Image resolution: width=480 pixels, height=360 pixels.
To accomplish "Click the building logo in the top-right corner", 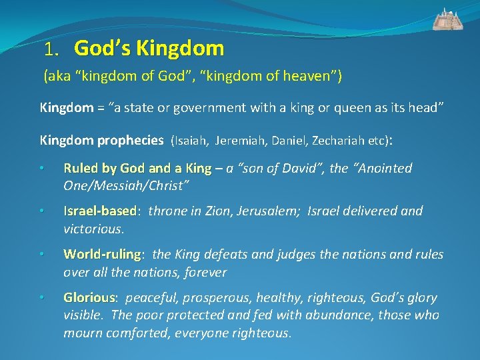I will coord(448,19).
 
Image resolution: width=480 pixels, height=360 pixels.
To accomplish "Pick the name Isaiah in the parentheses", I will coord(191,141).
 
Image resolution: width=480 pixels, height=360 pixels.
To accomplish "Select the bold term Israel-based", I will coord(100,211).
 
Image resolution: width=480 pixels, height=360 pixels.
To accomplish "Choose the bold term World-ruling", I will coord(102,255).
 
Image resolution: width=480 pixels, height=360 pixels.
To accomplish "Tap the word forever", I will coord(206,272).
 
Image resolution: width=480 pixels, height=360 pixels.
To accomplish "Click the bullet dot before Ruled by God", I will coord(42,169).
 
